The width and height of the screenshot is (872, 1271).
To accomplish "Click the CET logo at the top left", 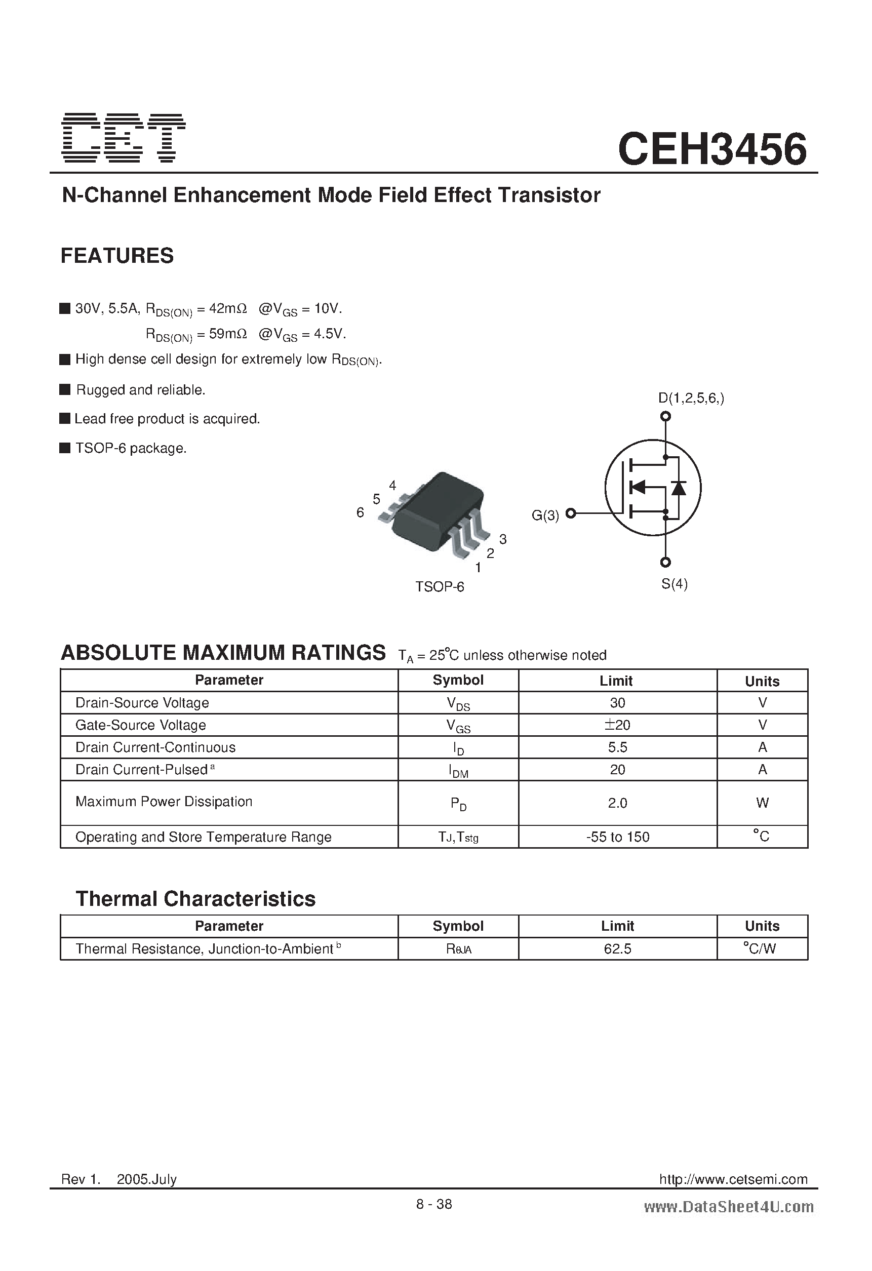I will click(x=124, y=138).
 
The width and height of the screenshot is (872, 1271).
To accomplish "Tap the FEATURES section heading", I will click(x=117, y=256).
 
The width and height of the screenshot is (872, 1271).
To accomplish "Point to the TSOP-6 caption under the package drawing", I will click(x=439, y=587).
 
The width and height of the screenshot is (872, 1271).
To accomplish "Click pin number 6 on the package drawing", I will click(x=360, y=512).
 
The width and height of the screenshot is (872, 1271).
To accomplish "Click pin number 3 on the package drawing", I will click(x=503, y=539).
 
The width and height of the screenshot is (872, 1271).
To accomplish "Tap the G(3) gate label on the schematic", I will click(x=545, y=515).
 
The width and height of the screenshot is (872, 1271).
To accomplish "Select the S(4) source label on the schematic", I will click(x=674, y=584).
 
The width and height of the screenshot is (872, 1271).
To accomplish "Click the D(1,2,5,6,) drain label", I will click(x=691, y=398).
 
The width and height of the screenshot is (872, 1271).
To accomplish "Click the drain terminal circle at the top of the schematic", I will click(x=665, y=417).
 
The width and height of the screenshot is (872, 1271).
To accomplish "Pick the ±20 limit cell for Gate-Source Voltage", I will click(x=617, y=725).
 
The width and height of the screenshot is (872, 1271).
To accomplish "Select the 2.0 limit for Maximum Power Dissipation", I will click(x=617, y=803).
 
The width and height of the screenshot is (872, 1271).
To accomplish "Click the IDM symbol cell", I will click(x=458, y=771).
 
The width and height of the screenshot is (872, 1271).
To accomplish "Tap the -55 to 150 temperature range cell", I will click(x=617, y=837).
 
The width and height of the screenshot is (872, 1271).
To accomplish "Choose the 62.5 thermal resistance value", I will click(x=617, y=949).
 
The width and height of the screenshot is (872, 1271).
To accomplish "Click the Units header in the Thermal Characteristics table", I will click(x=762, y=926).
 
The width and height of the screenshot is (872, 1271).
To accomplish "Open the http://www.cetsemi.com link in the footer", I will click(x=733, y=1179).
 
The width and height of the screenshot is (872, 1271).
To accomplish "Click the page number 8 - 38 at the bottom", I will click(x=434, y=1204).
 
